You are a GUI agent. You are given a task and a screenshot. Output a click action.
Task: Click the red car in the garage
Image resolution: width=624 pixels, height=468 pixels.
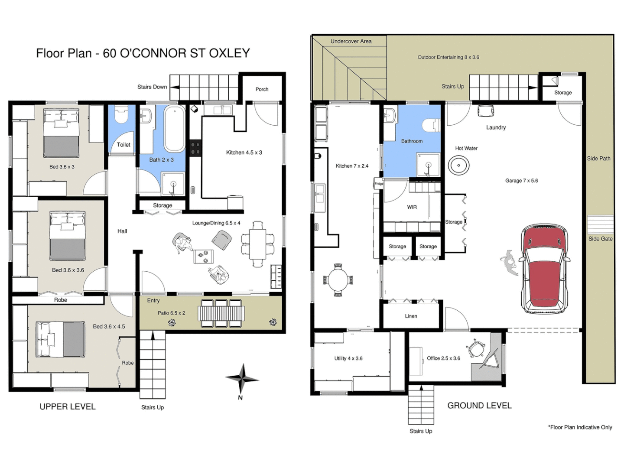pos(545,269)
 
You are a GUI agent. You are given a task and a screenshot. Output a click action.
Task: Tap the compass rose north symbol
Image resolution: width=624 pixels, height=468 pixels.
pos(242,379)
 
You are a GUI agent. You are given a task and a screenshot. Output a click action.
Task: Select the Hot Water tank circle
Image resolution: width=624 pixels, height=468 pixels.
pos(458,166)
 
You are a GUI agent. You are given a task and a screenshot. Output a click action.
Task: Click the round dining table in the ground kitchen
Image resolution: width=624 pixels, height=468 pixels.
pos(338,280)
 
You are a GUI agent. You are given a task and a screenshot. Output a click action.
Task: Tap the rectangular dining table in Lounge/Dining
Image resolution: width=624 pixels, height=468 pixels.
pos(258,244)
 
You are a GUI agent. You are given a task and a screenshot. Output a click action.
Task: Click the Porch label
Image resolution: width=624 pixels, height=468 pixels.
pos(262,89)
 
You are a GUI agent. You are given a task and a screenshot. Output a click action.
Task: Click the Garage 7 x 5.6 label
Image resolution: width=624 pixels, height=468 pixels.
pos(521,181)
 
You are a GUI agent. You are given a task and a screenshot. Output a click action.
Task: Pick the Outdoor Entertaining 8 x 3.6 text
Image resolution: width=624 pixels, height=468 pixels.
pos(448,57)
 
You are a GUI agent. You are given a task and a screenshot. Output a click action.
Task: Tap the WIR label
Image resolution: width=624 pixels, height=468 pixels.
pos(412,207)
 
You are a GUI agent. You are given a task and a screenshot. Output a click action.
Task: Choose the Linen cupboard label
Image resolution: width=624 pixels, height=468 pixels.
pos(411,316)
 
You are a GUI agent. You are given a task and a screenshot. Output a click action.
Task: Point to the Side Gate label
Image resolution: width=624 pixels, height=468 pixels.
pos(600,239)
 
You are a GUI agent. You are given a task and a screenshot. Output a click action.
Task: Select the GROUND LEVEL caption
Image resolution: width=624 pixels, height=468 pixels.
pos(479,406)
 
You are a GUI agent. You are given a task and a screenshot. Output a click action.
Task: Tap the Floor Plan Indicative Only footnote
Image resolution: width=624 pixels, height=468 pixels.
pos(580,427)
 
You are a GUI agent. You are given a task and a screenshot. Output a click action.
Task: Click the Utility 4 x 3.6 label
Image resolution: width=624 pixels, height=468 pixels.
pos(348,358)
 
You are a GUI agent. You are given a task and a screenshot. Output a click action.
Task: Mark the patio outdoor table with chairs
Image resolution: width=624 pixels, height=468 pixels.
pos(221,313)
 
